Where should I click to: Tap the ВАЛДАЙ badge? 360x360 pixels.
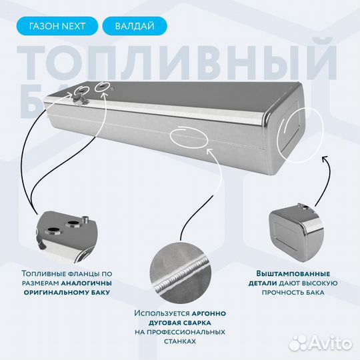[135, 26]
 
